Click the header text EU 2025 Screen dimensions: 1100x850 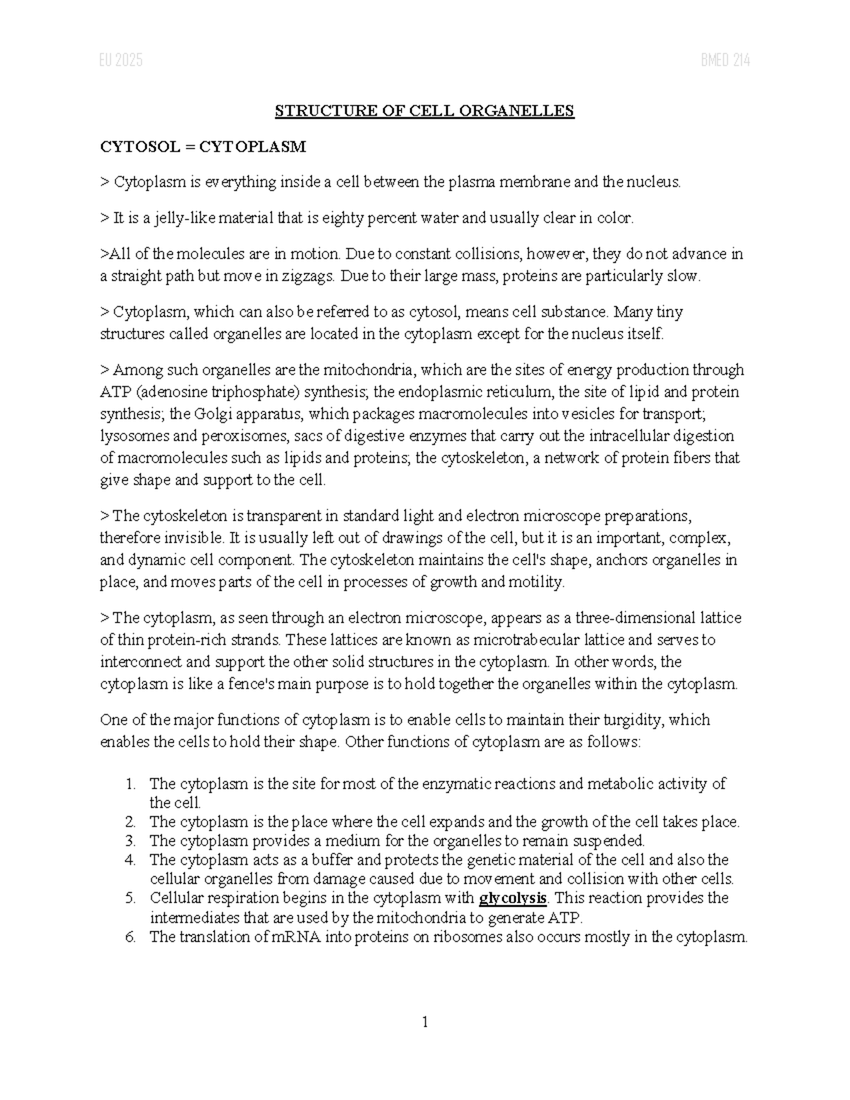click(121, 61)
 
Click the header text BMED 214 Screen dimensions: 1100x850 click(725, 61)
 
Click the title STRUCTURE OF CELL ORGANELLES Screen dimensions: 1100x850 click(424, 110)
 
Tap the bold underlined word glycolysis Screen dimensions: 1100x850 click(513, 899)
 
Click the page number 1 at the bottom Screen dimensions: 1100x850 click(425, 1021)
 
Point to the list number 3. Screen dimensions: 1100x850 click(130, 841)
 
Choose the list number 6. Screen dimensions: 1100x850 click(130, 937)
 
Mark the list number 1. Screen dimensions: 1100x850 click(130, 784)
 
